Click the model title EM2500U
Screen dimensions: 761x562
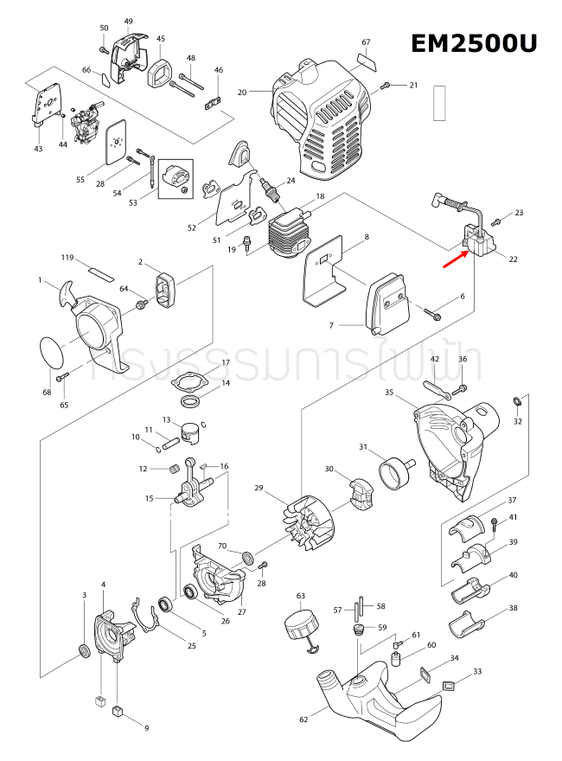point(473,43)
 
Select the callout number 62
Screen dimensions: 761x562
point(303,719)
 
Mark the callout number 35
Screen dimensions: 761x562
point(389,393)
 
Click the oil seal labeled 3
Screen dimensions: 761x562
point(85,650)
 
